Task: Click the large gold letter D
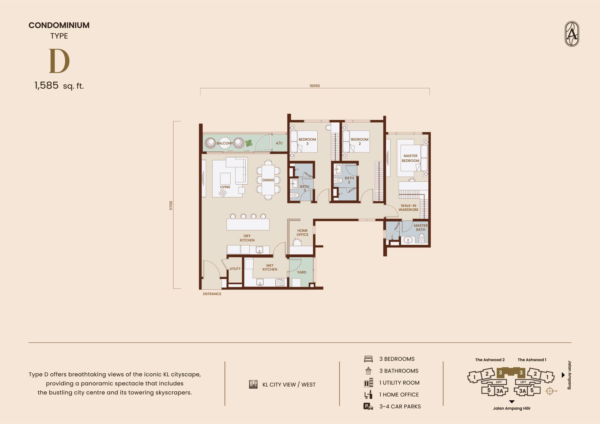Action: tap(59, 61)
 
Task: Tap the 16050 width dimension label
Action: tap(315, 86)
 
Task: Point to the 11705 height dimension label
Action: tap(171, 205)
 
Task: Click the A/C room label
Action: tap(279, 143)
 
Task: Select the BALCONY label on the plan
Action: tap(225, 143)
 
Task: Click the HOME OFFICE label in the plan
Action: tap(302, 233)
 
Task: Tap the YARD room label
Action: tap(302, 272)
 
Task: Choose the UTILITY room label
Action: tap(235, 268)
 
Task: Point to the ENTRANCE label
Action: tap(212, 294)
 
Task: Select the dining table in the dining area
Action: tap(268, 180)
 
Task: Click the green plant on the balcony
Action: tap(248, 143)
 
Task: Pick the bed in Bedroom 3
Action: tap(304, 141)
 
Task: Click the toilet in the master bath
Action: tap(421, 238)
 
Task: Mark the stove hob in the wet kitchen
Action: tap(279, 282)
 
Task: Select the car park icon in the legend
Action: tap(368, 406)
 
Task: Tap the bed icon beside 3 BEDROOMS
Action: tap(368, 359)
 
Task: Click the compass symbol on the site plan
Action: tap(550, 391)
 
